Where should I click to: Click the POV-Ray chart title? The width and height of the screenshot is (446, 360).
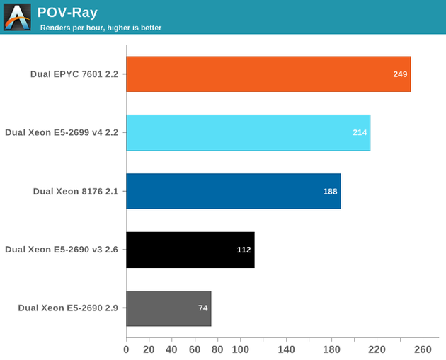coord(67,12)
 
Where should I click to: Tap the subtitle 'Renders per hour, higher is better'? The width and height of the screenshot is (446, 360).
coord(101,28)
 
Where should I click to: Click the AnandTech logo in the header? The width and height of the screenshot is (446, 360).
coord(17,17)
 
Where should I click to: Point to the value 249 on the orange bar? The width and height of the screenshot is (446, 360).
coord(400,74)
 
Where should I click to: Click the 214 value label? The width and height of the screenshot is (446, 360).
coord(360,132)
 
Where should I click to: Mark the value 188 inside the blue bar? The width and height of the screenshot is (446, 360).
coord(330,191)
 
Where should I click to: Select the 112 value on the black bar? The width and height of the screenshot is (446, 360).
coord(244,250)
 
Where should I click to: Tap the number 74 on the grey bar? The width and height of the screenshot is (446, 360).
coord(202,308)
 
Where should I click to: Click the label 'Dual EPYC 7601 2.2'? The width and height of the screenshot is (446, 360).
coord(74,74)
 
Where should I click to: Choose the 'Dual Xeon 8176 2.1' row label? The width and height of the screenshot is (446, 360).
coord(75,191)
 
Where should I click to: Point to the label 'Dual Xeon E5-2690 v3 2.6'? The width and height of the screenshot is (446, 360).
coord(62,249)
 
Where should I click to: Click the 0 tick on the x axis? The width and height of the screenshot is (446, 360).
coord(126,349)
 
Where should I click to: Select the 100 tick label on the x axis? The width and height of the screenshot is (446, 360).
coord(240,349)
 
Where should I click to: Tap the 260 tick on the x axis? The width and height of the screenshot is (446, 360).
coord(422,349)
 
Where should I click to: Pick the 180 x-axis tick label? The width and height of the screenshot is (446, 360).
coord(331,349)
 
